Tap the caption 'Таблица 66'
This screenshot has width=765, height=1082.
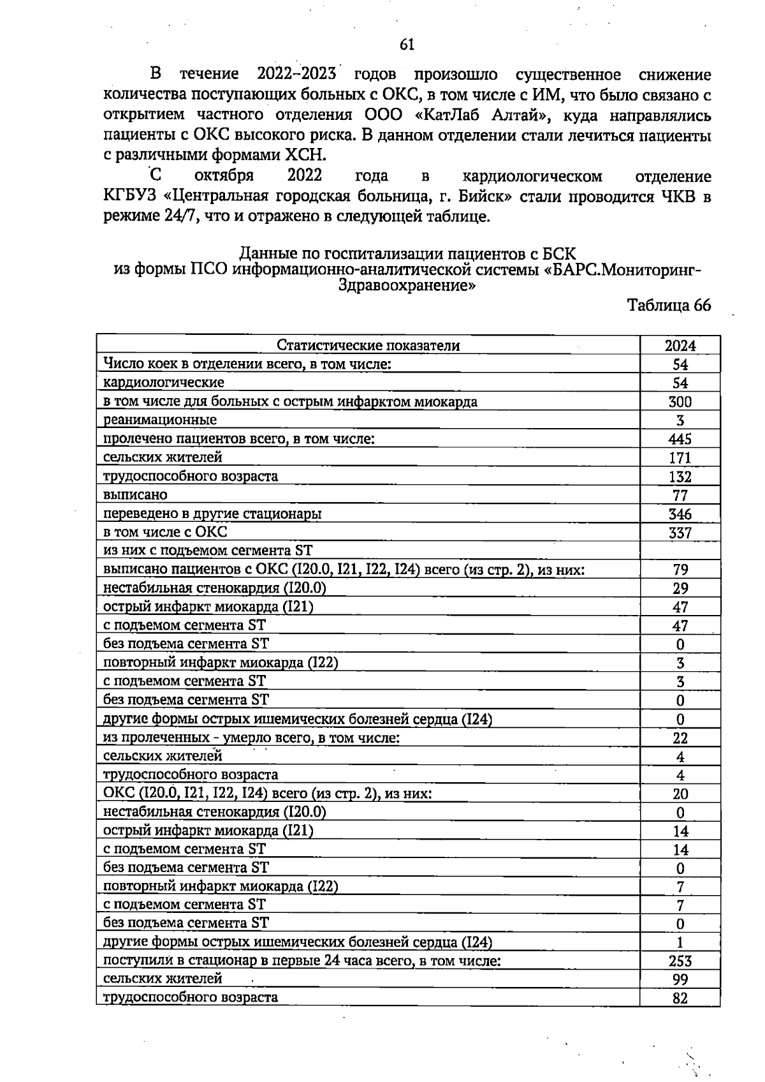click(669, 305)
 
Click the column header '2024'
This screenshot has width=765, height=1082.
click(680, 346)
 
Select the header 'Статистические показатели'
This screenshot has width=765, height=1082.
click(368, 346)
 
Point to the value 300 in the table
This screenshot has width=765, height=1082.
click(680, 402)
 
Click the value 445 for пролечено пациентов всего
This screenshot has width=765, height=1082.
click(680, 439)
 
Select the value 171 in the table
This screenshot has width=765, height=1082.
click(680, 458)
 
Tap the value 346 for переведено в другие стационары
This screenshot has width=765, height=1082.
click(680, 514)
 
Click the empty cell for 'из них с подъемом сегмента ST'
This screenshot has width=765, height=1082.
click(680, 551)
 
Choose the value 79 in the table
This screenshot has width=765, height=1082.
click(680, 570)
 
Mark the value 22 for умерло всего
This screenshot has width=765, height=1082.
click(680, 738)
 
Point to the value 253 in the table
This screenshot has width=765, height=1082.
click(680, 961)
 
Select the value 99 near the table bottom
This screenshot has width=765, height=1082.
click(680, 980)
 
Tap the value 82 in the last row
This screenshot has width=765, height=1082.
click(680, 998)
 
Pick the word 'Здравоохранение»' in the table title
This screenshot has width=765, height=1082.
click(407, 285)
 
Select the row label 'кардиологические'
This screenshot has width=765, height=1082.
click(164, 383)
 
